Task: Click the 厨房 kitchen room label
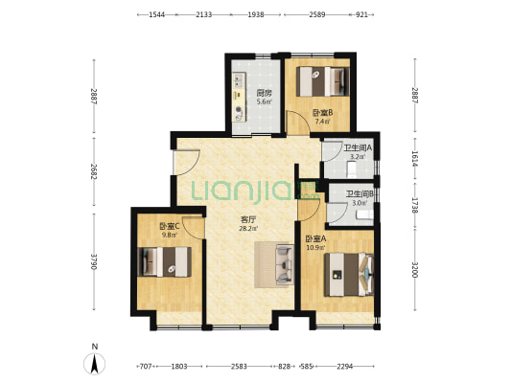tap(264, 94)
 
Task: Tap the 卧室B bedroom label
tap(323, 113)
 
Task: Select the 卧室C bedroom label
tap(170, 226)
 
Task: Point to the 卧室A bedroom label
tap(315, 239)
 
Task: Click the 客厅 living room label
tap(248, 219)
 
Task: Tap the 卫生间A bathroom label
tap(358, 148)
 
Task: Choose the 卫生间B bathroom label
tap(360, 194)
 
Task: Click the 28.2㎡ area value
tap(248, 229)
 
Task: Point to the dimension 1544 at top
tap(157, 14)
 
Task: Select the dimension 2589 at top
tap(317, 14)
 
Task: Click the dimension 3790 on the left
tap(94, 261)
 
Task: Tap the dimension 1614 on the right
tap(415, 159)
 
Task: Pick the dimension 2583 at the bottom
tap(239, 367)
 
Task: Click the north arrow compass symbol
tap(95, 363)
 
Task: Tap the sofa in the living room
tap(285, 264)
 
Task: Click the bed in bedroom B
tap(323, 81)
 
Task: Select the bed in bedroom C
tap(165, 262)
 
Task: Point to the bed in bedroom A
tap(349, 275)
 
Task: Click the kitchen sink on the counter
tap(239, 80)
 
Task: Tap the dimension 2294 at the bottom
tap(345, 367)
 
